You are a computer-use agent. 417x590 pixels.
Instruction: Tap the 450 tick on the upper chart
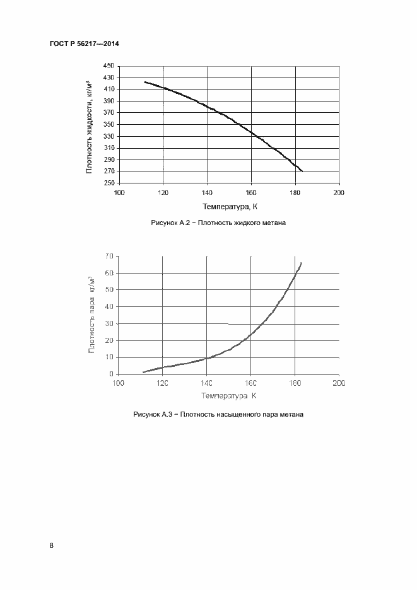[x=108, y=66]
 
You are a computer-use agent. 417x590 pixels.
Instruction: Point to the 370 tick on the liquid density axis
[x=108, y=113]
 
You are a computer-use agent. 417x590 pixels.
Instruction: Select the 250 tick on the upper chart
[x=108, y=183]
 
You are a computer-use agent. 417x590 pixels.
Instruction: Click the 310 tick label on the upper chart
[x=108, y=148]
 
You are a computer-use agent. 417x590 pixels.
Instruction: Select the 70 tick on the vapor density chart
[x=109, y=256]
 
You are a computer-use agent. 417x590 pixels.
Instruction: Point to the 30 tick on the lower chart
[x=109, y=324]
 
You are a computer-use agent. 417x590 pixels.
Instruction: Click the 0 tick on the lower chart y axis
[x=111, y=374]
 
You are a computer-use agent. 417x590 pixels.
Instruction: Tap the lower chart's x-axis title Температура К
[x=228, y=396]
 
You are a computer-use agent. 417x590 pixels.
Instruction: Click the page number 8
[x=51, y=546]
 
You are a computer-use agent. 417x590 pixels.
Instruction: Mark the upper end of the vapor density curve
[x=302, y=263]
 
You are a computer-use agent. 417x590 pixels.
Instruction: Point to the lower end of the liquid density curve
[x=302, y=171]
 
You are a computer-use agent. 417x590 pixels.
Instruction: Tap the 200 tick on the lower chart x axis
[x=338, y=383]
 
